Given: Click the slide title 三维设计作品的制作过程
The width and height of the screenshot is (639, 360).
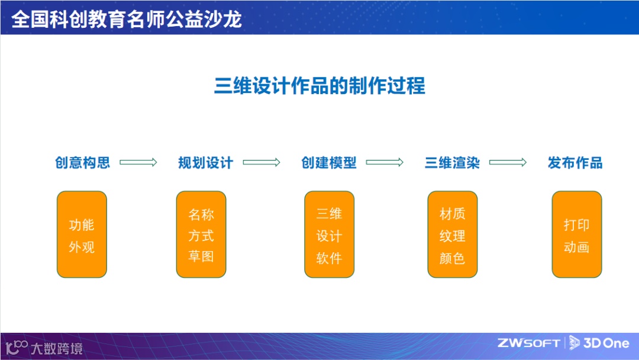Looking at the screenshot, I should point(319,86).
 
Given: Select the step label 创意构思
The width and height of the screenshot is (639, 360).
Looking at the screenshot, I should point(83,163).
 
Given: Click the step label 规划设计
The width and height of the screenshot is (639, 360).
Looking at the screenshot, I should point(206,163).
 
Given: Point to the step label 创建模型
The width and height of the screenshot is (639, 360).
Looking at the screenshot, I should point(329,163).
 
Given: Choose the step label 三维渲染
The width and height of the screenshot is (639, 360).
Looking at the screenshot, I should point(452,163).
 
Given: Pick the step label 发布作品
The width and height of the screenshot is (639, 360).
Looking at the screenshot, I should point(575,163).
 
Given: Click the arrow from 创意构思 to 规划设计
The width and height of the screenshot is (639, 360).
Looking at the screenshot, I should point(138,163).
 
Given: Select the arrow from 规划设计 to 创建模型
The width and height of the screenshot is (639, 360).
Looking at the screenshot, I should point(262,163).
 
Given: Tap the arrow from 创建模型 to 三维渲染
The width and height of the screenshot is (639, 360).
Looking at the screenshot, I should point(385,163).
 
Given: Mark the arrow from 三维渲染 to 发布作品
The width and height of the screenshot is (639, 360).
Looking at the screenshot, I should point(508,163).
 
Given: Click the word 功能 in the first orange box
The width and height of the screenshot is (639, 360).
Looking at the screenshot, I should point(82,225).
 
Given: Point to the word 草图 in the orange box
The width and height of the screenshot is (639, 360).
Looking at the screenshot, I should point(201,257).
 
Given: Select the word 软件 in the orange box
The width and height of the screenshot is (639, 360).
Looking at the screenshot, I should point(329,258).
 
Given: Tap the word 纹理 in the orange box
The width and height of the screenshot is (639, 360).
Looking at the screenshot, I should point(453,236).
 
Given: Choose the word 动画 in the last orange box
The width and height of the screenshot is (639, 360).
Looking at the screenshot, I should point(576,247).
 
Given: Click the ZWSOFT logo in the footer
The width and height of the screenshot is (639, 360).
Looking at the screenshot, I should point(529,343).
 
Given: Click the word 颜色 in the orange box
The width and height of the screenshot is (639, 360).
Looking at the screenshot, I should point(453,258).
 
